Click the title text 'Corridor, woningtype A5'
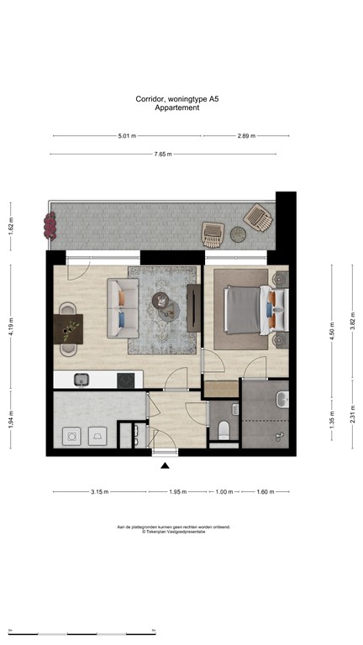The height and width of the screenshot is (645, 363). [x=181, y=98]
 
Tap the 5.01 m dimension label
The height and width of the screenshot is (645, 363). [x=127, y=135]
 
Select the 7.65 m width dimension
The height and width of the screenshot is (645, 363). [x=163, y=154]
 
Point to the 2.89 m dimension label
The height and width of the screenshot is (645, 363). [x=246, y=135]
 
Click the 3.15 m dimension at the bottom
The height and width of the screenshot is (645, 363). [x=99, y=492]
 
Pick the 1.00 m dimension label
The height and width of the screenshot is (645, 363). [x=223, y=492]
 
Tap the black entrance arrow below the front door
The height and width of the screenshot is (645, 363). [x=166, y=465]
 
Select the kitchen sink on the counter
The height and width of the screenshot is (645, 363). [x=82, y=380]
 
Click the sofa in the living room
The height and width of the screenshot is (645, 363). [x=122, y=302]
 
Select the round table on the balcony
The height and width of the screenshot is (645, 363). [x=238, y=235]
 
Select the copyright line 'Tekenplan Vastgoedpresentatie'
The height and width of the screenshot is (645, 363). [x=173, y=532]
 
